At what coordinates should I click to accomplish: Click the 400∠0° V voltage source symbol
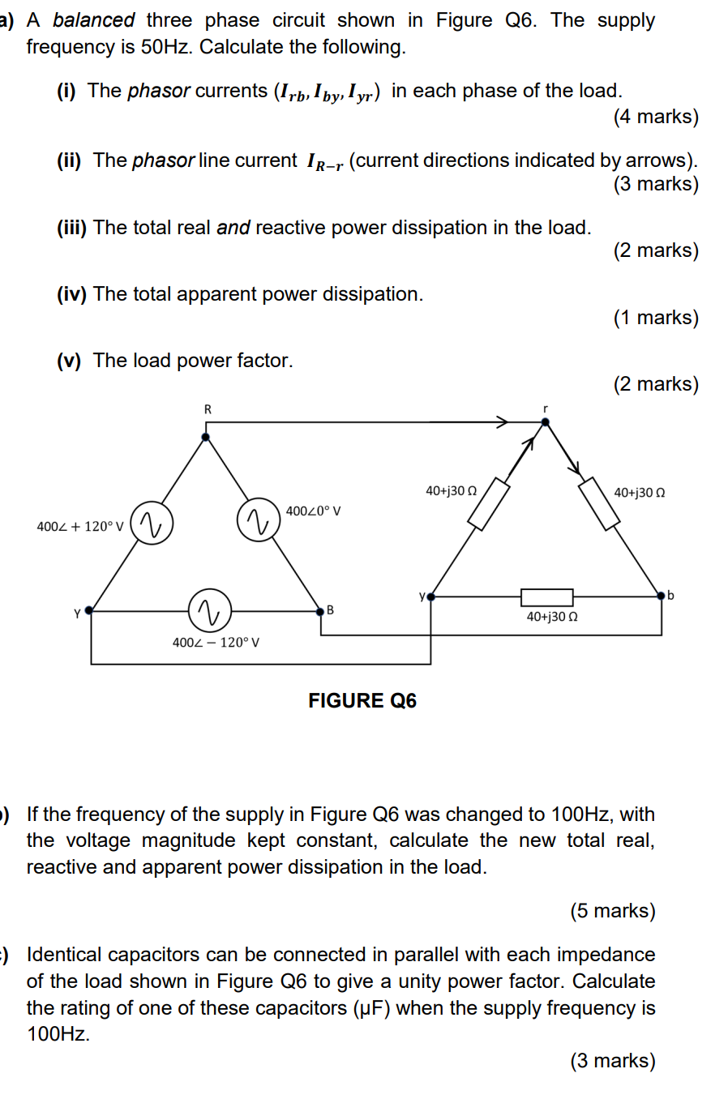point(258,520)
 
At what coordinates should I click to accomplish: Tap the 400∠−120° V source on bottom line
point(209,610)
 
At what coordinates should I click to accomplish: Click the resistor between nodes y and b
point(546,597)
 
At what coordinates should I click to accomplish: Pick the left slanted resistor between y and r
point(489,505)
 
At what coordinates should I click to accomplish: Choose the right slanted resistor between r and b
point(600,504)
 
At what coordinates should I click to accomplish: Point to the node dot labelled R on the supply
point(206,437)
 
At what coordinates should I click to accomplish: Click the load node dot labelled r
point(545,421)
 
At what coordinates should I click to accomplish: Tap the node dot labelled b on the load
point(662,596)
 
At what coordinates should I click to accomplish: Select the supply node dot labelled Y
point(89,610)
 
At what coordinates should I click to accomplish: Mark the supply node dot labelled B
point(320,610)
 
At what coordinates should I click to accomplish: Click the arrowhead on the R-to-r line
point(503,421)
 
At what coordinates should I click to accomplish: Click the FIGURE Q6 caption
point(362,701)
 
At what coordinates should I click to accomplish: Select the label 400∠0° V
point(313,511)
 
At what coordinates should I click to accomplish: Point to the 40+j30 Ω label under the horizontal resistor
point(552,617)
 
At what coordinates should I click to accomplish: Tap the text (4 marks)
point(655,117)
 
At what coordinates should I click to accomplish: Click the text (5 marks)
point(612,911)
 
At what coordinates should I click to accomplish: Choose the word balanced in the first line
point(94,20)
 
